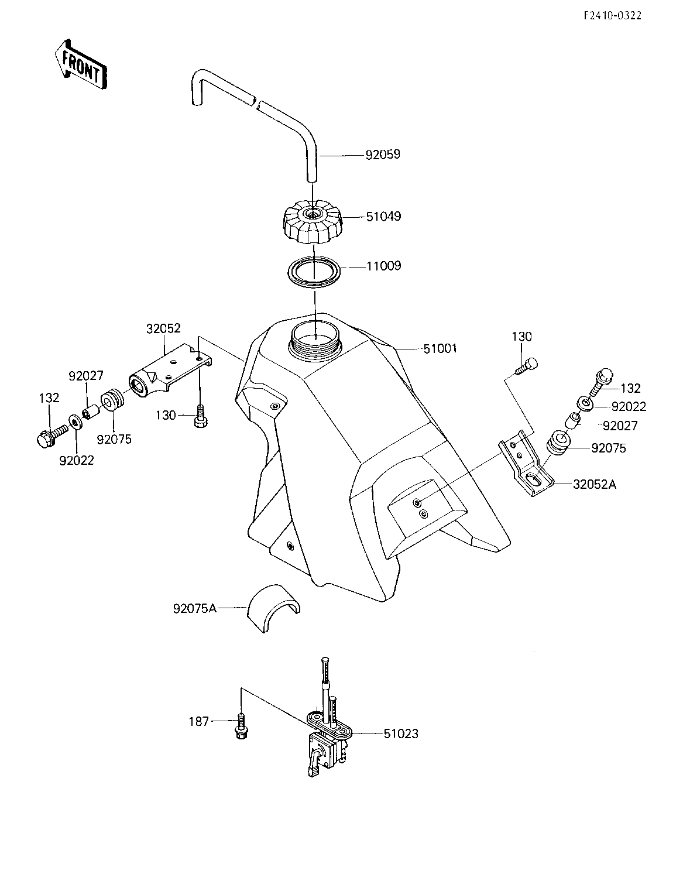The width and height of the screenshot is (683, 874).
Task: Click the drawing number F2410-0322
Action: (612, 16)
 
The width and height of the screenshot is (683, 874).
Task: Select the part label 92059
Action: (383, 155)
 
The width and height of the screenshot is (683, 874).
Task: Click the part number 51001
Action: (440, 348)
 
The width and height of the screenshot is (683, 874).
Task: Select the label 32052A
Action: (594, 484)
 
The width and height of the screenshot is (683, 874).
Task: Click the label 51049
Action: (383, 217)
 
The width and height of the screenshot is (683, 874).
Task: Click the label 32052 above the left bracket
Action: (163, 328)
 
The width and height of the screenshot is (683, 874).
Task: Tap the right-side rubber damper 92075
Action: (558, 443)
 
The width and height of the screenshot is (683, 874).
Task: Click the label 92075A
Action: (195, 609)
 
